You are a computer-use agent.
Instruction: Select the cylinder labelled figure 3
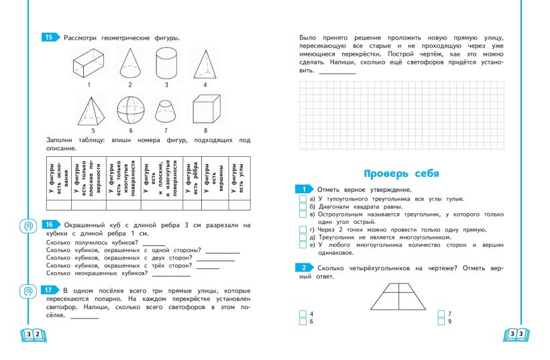pyautogui.click(x=165, y=66)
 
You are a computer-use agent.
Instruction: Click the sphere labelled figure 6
pyautogui.click(x=129, y=110)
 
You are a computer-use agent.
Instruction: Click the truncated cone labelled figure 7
pyautogui.click(x=166, y=111)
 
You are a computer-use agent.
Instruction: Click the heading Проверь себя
pyautogui.click(x=401, y=174)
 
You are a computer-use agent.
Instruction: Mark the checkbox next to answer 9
pyautogui.click(x=440, y=322)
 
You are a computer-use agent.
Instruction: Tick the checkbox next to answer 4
pyautogui.click(x=302, y=314)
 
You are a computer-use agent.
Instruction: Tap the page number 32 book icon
pyautogui.click(x=32, y=334)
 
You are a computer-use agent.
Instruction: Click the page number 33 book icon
pyautogui.click(x=517, y=334)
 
